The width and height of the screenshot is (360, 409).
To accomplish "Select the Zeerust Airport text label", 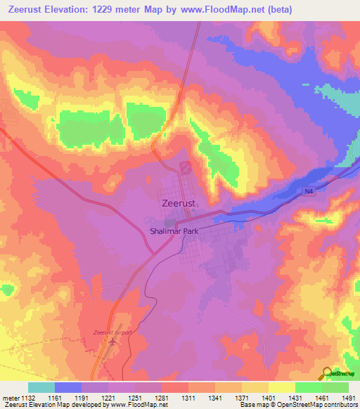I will click(112, 332).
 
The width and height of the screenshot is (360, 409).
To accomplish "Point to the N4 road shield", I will click(309, 190).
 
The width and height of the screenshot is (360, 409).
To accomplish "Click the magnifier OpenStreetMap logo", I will click(326, 372).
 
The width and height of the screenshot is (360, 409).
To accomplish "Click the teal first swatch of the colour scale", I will click(41, 387).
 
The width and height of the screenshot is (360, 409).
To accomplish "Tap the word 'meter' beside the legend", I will click(11, 397).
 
